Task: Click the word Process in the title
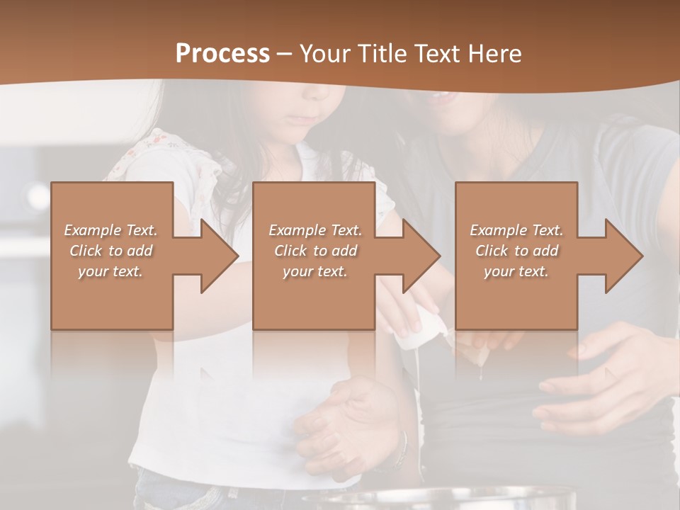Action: point(222,53)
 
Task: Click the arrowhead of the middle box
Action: point(421,256)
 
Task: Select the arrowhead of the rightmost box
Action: point(623,256)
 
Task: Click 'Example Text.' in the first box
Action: point(111,230)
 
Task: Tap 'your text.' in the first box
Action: point(111,271)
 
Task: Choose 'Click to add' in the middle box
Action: point(315,251)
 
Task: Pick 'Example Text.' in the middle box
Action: point(315,230)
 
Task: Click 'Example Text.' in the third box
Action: point(516,230)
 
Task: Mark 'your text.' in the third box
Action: point(516,271)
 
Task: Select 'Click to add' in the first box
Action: point(111,251)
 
